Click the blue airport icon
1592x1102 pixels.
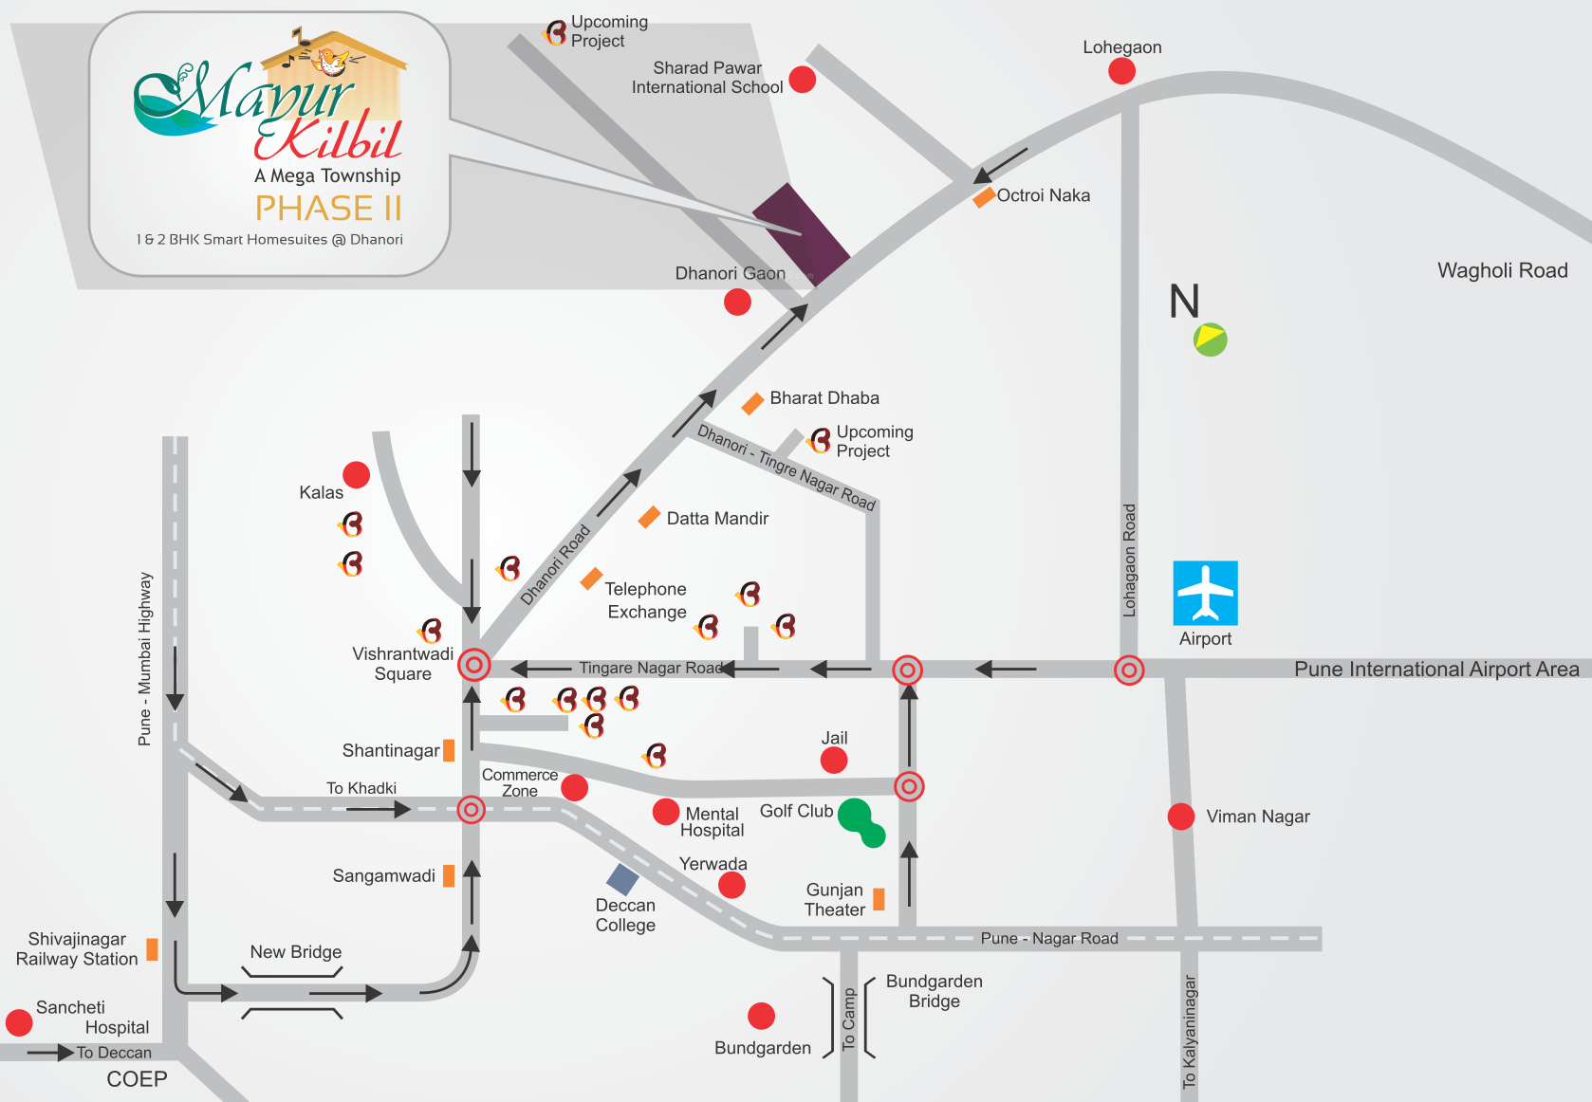[x=1205, y=592]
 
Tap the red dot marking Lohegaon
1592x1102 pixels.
[x=1121, y=71]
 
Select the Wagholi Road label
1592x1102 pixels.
[x=1502, y=270]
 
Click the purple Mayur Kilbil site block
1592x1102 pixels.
[x=801, y=233]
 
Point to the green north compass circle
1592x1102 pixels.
[x=1210, y=340]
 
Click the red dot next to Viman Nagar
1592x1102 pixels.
[x=1181, y=816]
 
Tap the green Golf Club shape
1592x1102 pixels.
[x=861, y=820]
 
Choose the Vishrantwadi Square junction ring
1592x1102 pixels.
[x=473, y=665]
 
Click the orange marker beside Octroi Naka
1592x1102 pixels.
[x=984, y=197]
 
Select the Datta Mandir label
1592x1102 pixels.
[x=717, y=519]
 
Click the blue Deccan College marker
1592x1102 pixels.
[x=622, y=880]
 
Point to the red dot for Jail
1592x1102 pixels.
[x=834, y=760]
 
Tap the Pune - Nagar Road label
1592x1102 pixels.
[x=1049, y=939]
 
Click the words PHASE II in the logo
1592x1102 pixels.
[x=328, y=208]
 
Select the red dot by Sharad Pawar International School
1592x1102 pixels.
[x=803, y=80]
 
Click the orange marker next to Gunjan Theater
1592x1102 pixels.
[x=879, y=899]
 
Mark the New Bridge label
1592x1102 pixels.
[x=295, y=952]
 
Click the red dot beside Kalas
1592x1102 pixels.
[x=356, y=474]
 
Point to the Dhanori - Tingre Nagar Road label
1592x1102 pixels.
[x=787, y=467]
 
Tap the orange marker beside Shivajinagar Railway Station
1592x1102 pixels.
[x=152, y=949]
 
